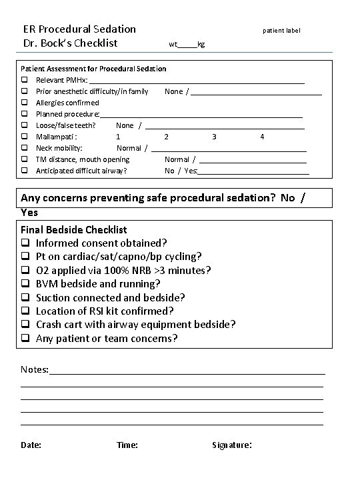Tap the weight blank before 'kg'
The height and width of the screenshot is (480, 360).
click(187, 45)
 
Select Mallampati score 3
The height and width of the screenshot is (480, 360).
click(214, 137)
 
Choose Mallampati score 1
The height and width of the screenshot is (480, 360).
click(118, 137)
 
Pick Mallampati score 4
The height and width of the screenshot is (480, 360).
click(262, 137)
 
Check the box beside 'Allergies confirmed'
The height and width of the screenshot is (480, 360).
click(24, 103)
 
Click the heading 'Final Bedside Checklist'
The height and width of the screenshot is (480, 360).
click(74, 229)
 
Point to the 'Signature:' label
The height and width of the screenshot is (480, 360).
click(231, 445)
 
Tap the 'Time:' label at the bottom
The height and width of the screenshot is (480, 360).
click(127, 445)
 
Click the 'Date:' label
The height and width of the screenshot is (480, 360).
click(31, 445)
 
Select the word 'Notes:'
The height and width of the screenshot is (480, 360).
click(35, 369)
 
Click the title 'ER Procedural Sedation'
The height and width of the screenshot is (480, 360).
click(79, 29)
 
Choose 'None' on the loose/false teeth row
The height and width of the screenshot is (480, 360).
click(125, 125)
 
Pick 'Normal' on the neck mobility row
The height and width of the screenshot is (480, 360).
click(129, 148)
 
